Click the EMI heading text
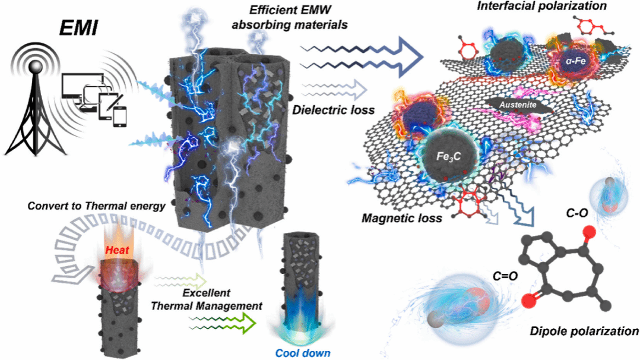click(78, 28)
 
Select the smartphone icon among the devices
click(119, 117)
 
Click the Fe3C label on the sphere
click(448, 156)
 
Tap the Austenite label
click(518, 105)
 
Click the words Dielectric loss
click(334, 109)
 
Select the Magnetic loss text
click(401, 218)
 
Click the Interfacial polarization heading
click(541, 6)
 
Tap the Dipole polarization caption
click(584, 331)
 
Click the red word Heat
click(118, 250)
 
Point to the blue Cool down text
click(303, 353)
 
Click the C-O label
click(576, 213)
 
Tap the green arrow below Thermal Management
click(223, 323)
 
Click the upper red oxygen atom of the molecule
click(588, 232)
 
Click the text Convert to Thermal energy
click(96, 206)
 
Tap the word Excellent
click(207, 293)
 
